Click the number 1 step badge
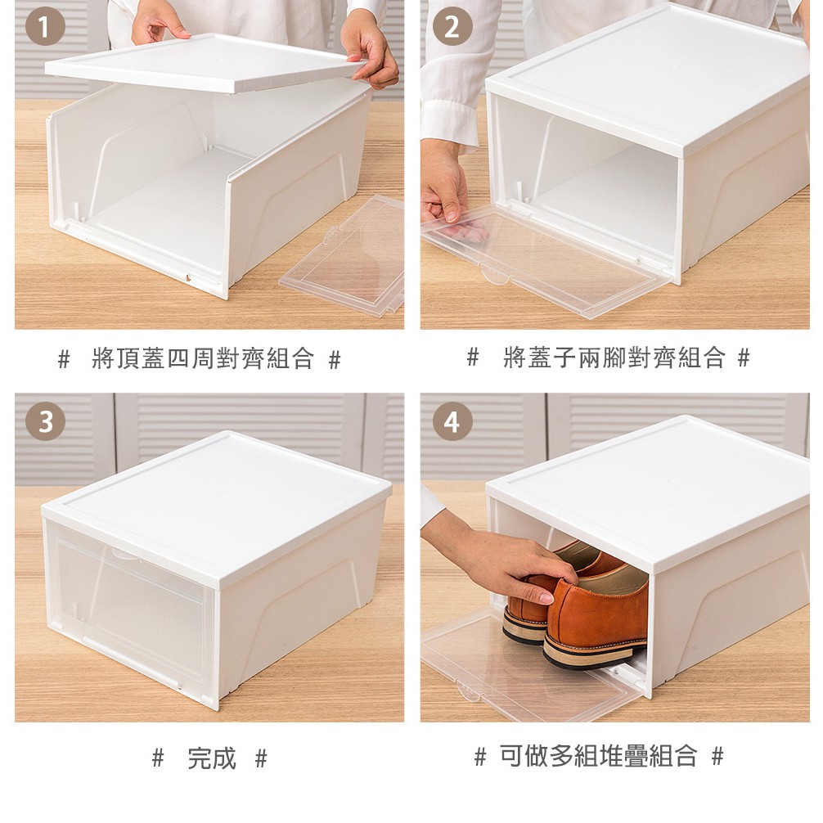pyautogui.click(x=45, y=26)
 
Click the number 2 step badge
pyautogui.click(x=452, y=26)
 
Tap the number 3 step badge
pyautogui.click(x=45, y=421)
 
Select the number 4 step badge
pyautogui.click(x=452, y=421)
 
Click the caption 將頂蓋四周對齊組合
pyautogui.click(x=203, y=358)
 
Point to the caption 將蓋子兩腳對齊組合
pyautogui.click(x=614, y=358)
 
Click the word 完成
pyautogui.click(x=212, y=758)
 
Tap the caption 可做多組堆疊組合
pyautogui.click(x=598, y=757)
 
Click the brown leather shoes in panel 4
pyautogui.click(x=578, y=604)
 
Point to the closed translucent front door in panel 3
pyautogui.click(x=128, y=604)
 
